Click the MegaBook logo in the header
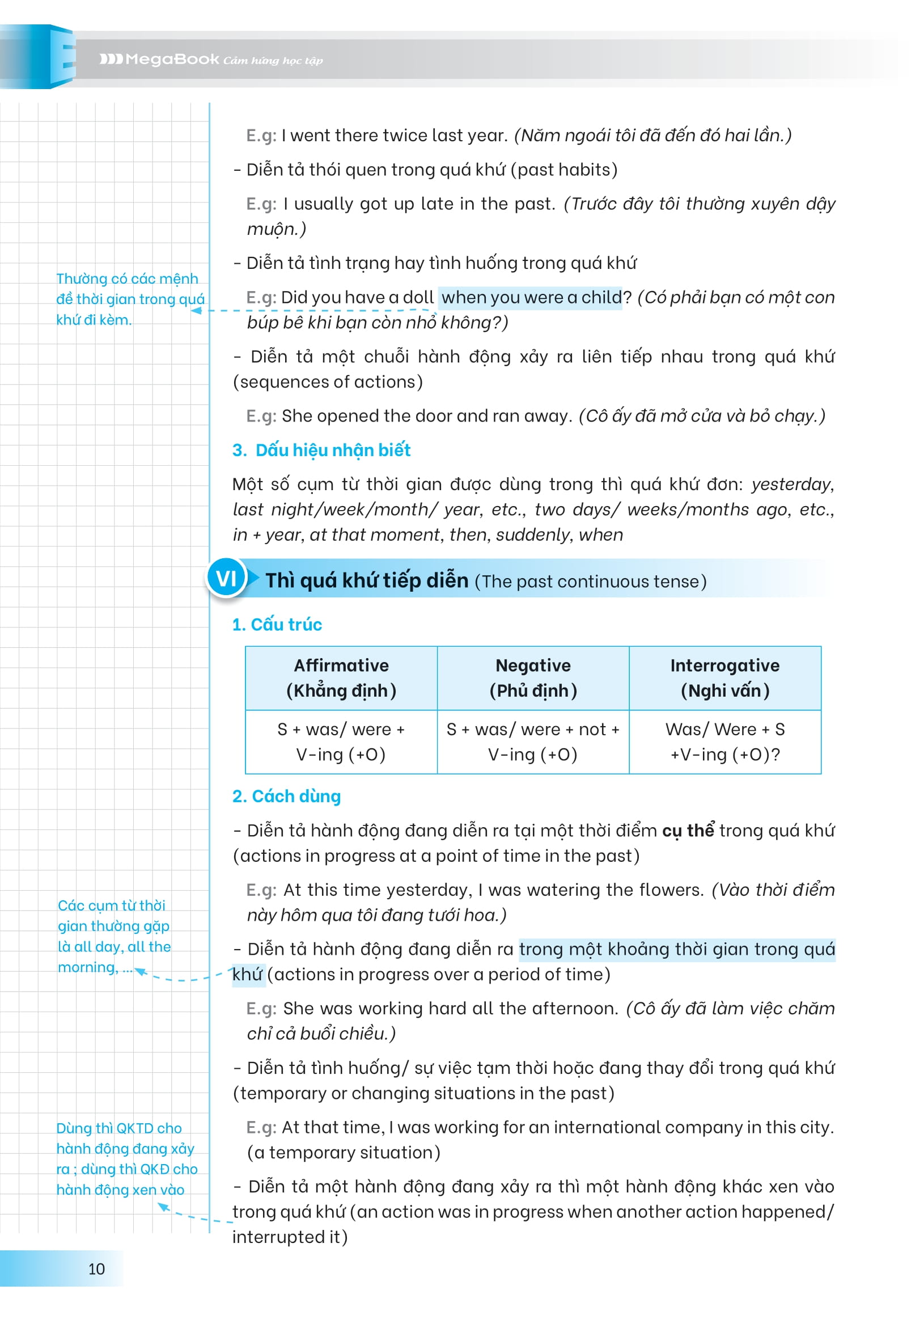(x=159, y=59)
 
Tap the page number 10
(x=96, y=1269)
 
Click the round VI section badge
(x=226, y=578)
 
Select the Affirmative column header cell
(x=341, y=678)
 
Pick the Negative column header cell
(x=533, y=678)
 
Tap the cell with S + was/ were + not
(x=533, y=741)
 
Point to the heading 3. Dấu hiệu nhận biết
(x=321, y=450)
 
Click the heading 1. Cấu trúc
(x=277, y=625)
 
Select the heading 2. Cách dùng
(x=287, y=796)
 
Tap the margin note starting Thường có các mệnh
(x=130, y=299)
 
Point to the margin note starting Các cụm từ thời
(x=114, y=935)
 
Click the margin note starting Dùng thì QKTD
(x=126, y=1158)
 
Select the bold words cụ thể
(x=688, y=830)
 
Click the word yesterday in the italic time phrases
(x=791, y=484)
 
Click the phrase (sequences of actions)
(x=328, y=382)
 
